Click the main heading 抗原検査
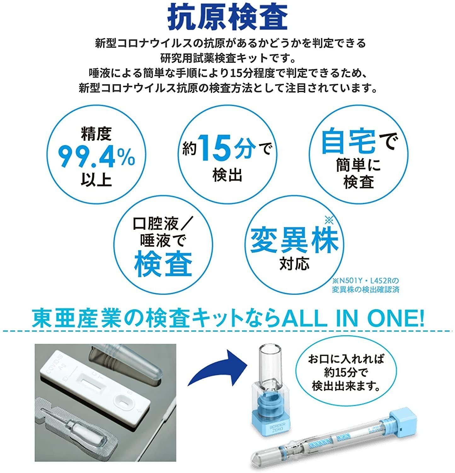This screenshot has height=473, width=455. tap(227, 17)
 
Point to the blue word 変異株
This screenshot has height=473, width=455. tap(294, 241)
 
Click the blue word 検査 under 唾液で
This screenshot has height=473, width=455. tap(163, 265)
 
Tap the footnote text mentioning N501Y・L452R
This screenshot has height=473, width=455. tap(366, 285)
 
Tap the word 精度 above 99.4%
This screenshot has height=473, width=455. tap(96, 134)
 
